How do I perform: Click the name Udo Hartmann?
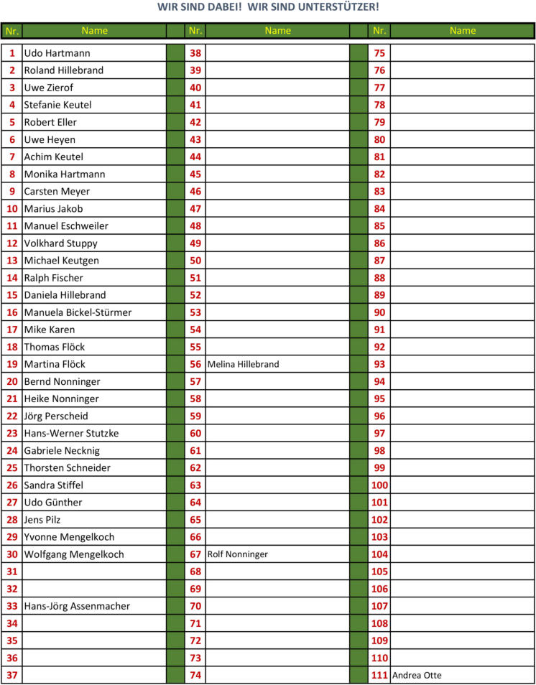click(x=57, y=53)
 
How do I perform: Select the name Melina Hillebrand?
click(x=243, y=365)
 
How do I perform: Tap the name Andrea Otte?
click(x=417, y=676)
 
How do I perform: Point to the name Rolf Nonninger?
click(x=238, y=554)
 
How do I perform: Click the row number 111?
click(x=379, y=676)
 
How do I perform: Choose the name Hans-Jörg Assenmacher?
click(x=77, y=607)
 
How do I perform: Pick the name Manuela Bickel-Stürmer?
click(x=78, y=312)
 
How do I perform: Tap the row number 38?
click(x=195, y=53)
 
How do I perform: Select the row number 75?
click(x=379, y=53)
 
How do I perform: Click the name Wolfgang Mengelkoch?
click(x=74, y=554)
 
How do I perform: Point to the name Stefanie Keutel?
click(x=57, y=105)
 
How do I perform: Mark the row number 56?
click(x=195, y=365)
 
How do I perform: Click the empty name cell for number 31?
click(x=93, y=572)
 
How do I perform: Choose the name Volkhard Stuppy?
click(x=60, y=243)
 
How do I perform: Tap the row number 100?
click(x=379, y=485)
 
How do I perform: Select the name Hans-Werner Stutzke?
click(x=71, y=434)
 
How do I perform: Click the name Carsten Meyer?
click(x=57, y=192)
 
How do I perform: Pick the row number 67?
click(x=195, y=554)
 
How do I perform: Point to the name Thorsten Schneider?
click(x=68, y=468)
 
